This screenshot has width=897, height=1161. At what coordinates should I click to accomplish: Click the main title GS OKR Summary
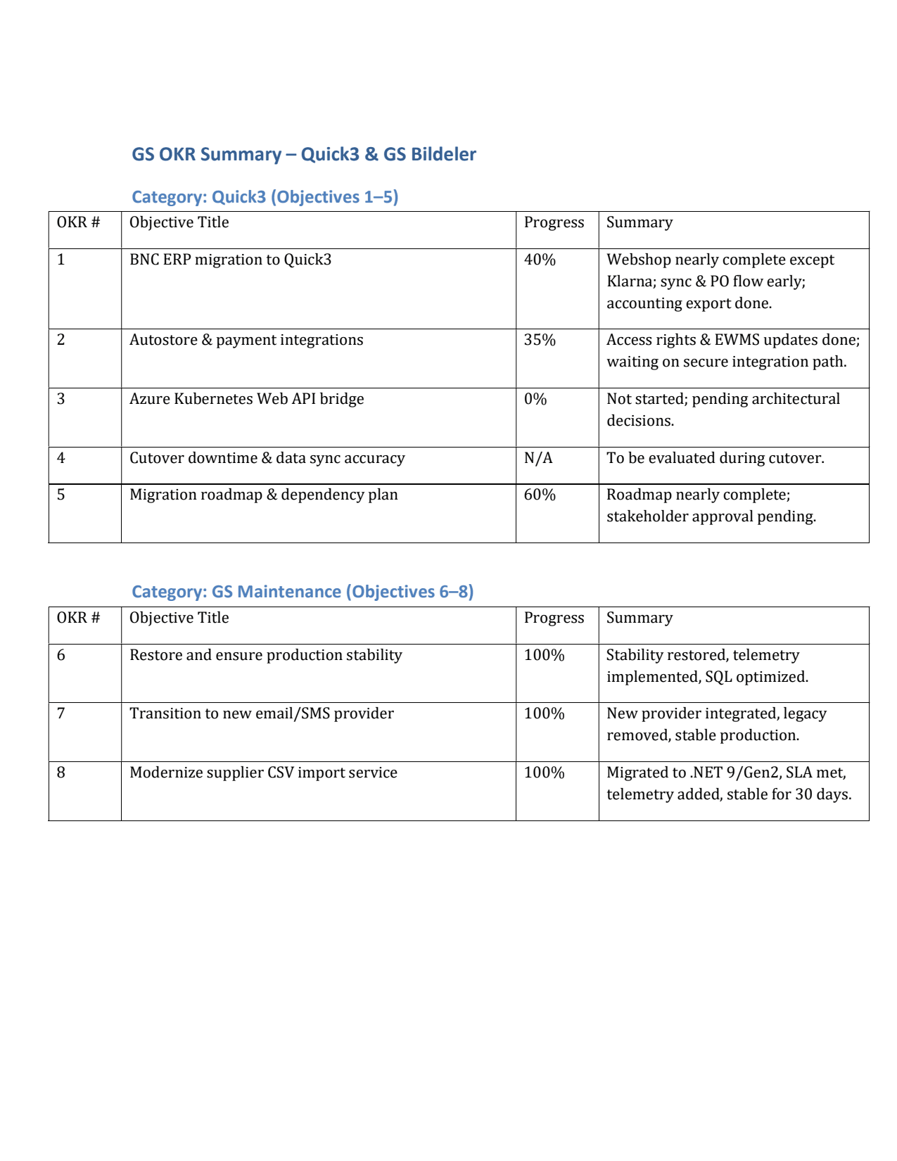click(x=303, y=154)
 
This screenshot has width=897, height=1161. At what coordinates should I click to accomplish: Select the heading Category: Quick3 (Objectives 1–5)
click(x=265, y=197)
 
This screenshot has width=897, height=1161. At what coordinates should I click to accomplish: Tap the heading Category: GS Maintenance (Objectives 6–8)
click(x=303, y=592)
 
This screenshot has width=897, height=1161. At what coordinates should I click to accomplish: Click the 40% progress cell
click(x=540, y=260)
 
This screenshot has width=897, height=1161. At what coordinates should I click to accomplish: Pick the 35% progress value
click(x=540, y=340)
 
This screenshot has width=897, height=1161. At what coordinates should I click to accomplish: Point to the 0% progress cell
click(x=535, y=399)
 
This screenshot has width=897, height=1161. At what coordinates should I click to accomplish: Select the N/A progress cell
click(x=538, y=458)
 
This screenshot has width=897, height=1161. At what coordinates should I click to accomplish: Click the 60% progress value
click(x=540, y=495)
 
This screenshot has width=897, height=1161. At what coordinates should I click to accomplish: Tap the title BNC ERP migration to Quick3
click(x=230, y=260)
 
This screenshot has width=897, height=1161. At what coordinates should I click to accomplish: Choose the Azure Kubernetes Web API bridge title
click(x=246, y=399)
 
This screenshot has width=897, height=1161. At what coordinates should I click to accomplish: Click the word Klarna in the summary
click(x=630, y=281)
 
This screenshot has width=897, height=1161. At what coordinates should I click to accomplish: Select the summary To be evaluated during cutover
click(x=715, y=458)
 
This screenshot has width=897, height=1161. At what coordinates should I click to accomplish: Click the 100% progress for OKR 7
click(x=544, y=713)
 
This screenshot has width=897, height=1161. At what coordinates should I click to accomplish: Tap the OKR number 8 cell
click(x=61, y=773)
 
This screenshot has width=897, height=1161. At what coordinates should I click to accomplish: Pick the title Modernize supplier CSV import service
click(x=263, y=773)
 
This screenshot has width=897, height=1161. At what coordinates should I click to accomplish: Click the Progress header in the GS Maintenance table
click(x=554, y=618)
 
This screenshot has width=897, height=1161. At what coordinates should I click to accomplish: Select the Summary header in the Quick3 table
click(x=639, y=222)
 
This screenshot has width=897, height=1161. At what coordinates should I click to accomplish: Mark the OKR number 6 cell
click(x=61, y=655)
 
